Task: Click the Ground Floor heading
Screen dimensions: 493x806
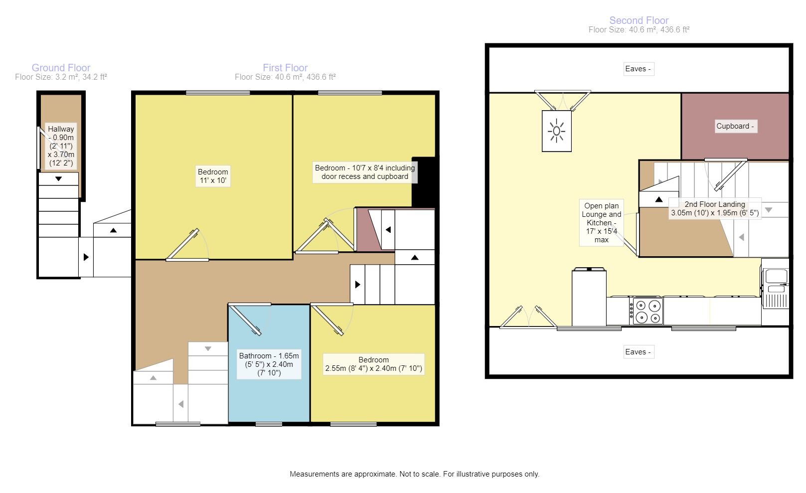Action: pyautogui.click(x=61, y=68)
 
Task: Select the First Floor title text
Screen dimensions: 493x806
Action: pyautogui.click(x=285, y=68)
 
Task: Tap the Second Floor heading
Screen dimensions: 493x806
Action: pyautogui.click(x=639, y=20)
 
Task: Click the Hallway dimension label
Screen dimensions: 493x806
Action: pyautogui.click(x=61, y=146)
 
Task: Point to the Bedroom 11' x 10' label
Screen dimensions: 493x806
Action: pyautogui.click(x=213, y=176)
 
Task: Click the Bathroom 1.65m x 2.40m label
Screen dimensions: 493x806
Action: pyautogui.click(x=269, y=364)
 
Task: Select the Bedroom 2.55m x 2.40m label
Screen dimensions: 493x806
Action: pyautogui.click(x=373, y=364)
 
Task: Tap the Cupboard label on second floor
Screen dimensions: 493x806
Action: pyautogui.click(x=735, y=126)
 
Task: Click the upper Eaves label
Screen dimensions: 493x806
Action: pyautogui.click(x=638, y=69)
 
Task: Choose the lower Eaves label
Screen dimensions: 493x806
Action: pyautogui.click(x=638, y=352)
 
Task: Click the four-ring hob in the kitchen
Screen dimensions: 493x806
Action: pyautogui.click(x=647, y=311)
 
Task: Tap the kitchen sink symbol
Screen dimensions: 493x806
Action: pyautogui.click(x=776, y=276)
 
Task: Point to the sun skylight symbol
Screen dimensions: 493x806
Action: pyautogui.click(x=556, y=131)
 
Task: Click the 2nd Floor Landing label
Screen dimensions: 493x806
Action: pyautogui.click(x=714, y=208)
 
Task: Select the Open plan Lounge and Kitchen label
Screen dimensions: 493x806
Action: pyautogui.click(x=601, y=222)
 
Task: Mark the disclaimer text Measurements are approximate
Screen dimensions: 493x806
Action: pyautogui.click(x=414, y=474)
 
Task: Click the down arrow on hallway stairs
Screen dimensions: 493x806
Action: pyautogui.click(x=59, y=178)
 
